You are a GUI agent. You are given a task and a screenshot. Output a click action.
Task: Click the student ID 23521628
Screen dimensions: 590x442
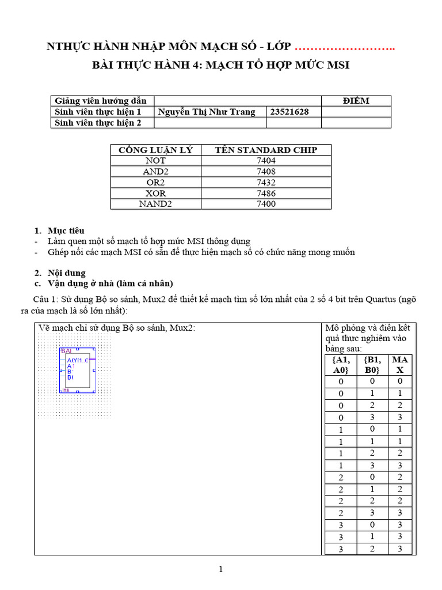289,112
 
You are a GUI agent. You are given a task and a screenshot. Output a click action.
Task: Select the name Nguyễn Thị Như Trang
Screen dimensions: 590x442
206,112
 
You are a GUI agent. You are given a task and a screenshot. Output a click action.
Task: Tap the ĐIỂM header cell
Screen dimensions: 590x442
356,101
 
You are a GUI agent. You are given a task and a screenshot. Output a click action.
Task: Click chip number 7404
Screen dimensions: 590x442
266,161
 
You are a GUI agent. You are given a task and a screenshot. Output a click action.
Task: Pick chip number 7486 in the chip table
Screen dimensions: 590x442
266,193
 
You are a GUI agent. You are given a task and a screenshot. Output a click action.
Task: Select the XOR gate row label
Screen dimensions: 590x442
155,193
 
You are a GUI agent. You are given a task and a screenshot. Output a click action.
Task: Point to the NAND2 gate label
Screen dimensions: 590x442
155,204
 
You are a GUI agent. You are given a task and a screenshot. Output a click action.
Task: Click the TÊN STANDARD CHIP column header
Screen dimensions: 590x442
266,150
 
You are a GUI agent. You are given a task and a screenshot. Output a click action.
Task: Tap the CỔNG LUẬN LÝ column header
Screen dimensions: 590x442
155,150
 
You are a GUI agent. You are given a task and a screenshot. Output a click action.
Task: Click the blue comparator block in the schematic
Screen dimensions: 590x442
77,370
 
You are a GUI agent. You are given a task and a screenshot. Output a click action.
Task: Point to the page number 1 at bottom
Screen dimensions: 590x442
220,570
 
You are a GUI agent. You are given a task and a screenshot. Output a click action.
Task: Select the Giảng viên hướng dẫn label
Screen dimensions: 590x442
101,101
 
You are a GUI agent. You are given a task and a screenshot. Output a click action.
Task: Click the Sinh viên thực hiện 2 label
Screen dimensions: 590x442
98,123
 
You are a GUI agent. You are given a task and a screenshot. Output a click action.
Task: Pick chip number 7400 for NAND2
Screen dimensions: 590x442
266,204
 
